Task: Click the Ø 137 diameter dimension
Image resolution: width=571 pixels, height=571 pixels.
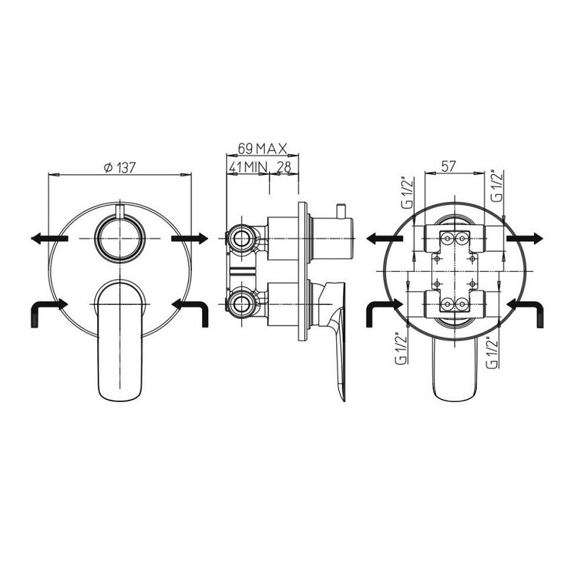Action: click(x=120, y=168)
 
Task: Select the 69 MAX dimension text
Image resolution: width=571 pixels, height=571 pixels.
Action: click(x=262, y=148)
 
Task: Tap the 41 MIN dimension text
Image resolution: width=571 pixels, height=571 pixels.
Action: click(x=248, y=167)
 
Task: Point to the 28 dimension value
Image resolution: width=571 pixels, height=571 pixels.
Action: click(x=284, y=167)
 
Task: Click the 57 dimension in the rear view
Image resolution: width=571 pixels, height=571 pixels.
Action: click(x=448, y=166)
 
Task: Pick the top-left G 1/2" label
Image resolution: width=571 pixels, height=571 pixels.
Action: click(x=407, y=192)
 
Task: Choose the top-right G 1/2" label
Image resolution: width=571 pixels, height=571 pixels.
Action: click(x=497, y=186)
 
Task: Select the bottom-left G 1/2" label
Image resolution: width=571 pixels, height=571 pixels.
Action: click(x=401, y=347)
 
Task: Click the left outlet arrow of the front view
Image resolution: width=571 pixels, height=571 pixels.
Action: click(x=49, y=238)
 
